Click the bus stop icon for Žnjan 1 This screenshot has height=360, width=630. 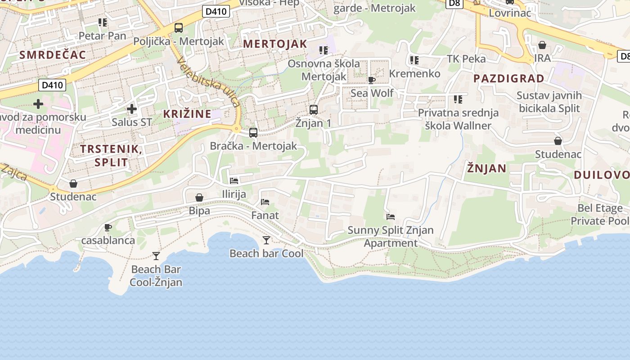click(314, 109)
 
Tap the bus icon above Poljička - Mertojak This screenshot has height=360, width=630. click(179, 28)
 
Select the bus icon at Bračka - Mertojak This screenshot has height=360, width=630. click(253, 133)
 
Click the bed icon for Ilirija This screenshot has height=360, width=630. click(234, 180)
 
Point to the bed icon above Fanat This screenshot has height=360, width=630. click(265, 202)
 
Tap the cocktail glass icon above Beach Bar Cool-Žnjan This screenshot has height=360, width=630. click(156, 256)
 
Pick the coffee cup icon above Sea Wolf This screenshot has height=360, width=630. click(371, 80)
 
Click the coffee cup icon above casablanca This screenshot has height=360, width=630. click(108, 227)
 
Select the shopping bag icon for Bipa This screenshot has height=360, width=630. click(199, 198)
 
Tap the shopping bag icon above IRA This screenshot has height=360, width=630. click(542, 45)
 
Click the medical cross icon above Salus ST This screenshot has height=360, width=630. click(131, 108)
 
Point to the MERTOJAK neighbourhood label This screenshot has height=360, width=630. click(275, 44)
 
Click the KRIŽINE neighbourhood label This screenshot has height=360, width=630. click(187, 114)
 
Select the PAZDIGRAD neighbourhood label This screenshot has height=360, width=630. click(509, 78)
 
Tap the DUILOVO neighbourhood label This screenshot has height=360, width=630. click(601, 175)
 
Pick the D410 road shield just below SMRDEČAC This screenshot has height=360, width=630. click(53, 85)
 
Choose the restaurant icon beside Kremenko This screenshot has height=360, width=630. click(414, 60)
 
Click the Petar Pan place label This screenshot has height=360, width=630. click(102, 36)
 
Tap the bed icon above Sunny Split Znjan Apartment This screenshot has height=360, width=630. click(391, 217)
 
